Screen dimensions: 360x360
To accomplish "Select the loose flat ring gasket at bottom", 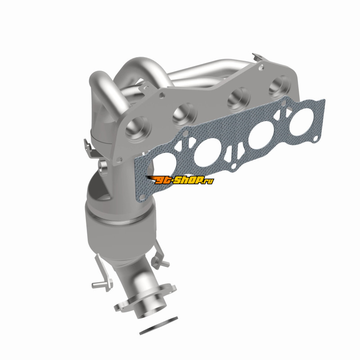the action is pos(158,325).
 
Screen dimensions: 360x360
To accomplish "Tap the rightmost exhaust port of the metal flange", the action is pos(279,87).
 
